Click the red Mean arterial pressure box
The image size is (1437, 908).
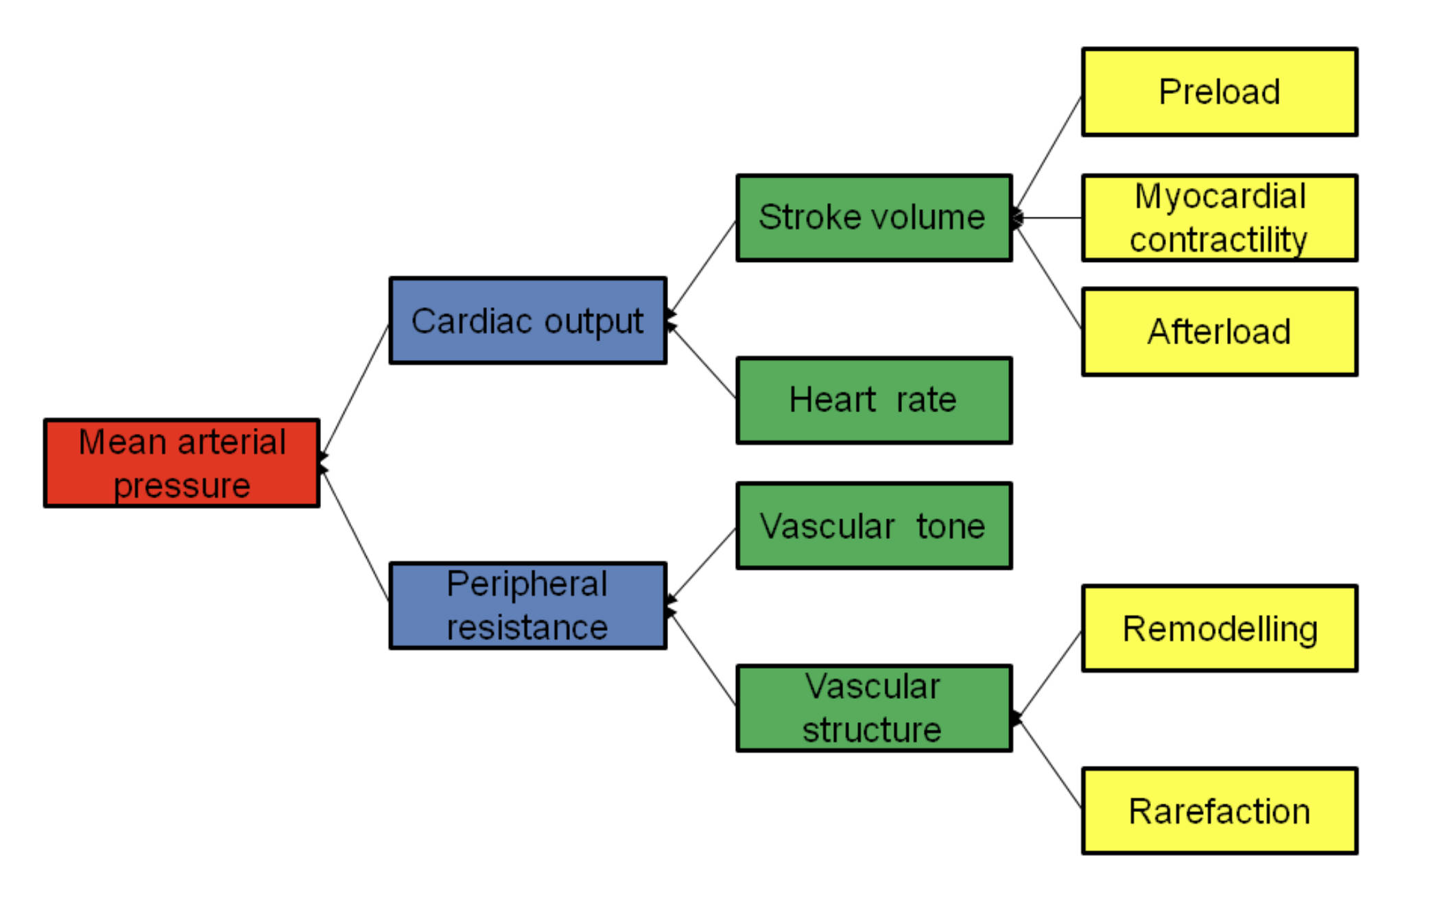(181, 463)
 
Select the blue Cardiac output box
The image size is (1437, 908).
(527, 320)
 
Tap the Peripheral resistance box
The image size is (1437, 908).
(527, 606)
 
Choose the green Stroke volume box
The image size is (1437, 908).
(873, 217)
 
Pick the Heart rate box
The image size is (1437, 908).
(873, 400)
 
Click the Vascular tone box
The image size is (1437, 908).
(873, 526)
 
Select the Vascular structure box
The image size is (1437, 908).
(873, 708)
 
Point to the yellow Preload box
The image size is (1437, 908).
(1219, 92)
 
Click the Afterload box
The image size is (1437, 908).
(1219, 332)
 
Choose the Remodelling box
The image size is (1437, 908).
(1219, 628)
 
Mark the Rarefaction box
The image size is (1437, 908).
(1219, 811)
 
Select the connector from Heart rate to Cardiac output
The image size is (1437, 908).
(702, 361)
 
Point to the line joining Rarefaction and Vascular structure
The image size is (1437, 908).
(1048, 763)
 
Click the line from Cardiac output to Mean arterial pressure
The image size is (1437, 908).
(355, 390)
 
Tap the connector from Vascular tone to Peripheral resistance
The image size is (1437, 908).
(702, 564)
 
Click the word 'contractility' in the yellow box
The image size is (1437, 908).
(1218, 240)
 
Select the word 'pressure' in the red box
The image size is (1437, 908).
(182, 486)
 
